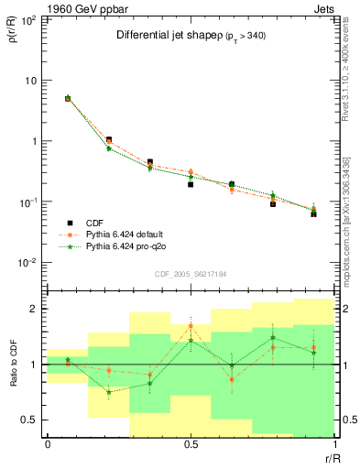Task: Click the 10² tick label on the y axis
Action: [x=27, y=19]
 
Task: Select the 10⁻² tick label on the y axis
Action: [x=27, y=263]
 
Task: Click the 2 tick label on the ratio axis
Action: [x=35, y=309]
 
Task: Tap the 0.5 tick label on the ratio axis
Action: [x=31, y=420]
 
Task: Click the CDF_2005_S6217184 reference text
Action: [x=191, y=273]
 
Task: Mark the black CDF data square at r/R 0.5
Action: [x=191, y=184]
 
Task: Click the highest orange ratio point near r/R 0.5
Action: [x=191, y=326]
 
